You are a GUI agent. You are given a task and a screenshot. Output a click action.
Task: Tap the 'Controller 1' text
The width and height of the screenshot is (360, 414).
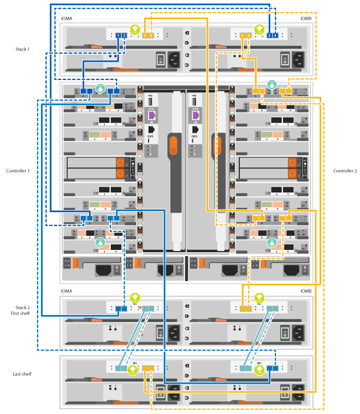pos(17,171)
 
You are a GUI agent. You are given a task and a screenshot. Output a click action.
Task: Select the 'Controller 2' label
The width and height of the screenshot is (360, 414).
pos(345,171)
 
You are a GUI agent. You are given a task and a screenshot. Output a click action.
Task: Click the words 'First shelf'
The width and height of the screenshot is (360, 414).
pos(22,313)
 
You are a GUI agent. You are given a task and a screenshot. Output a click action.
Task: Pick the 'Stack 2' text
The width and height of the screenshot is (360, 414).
pos(22,307)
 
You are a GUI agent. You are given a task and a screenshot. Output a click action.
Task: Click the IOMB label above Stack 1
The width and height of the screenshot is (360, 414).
pos(306,18)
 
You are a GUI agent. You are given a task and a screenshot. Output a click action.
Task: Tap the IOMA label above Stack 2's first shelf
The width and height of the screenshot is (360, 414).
pos(67,291)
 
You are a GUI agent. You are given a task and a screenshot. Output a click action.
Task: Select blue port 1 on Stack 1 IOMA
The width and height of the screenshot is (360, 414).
pos(118,36)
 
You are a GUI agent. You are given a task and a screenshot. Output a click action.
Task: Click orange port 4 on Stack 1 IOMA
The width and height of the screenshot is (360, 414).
pos(151,36)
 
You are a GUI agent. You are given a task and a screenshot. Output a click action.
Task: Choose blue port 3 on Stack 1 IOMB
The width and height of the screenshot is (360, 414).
pos(269,36)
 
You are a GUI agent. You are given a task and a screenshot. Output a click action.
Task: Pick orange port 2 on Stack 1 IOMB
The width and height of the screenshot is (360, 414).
pos(249,36)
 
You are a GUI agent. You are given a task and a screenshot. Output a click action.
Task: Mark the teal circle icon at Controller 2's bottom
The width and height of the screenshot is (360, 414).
pos(273,241)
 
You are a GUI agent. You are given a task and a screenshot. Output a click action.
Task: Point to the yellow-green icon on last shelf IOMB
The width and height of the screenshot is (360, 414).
pos(259,370)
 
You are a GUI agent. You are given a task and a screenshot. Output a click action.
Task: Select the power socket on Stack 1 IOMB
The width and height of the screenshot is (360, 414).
pos(298,59)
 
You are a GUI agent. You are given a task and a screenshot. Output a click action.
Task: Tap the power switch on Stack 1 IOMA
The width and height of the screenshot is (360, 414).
pos(161,59)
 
